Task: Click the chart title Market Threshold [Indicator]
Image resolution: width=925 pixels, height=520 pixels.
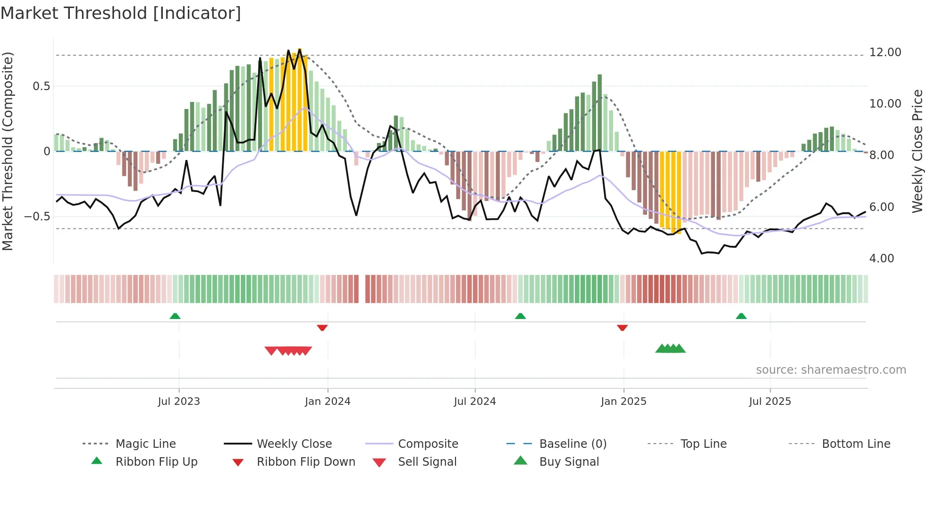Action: [x=121, y=13]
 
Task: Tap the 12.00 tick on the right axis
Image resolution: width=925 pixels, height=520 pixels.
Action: [x=885, y=52]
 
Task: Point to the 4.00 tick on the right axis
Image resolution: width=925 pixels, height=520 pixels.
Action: [x=881, y=259]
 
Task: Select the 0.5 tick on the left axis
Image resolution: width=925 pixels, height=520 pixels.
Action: [x=41, y=86]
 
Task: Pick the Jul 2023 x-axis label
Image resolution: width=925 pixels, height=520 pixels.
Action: [x=179, y=402]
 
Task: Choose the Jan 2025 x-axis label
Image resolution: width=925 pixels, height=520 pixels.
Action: [x=623, y=402]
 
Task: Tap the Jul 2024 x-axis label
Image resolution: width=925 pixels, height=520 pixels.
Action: [x=475, y=402]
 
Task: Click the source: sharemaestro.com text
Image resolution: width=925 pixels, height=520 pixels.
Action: [x=831, y=370]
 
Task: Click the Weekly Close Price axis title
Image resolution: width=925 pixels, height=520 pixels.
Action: [x=917, y=151]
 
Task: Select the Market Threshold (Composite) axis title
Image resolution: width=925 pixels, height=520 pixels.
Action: [x=8, y=151]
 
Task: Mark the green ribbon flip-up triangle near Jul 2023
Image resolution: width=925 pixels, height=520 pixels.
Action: [x=175, y=316]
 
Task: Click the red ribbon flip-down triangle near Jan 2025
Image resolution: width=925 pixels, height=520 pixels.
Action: [x=622, y=327]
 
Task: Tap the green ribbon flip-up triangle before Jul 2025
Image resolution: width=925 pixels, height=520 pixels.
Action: [x=741, y=316]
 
